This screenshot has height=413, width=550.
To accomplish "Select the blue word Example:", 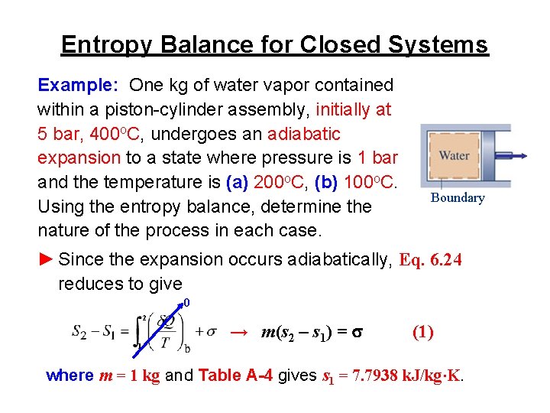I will pyautogui.click(x=79, y=84).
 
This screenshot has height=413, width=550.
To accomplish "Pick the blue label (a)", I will pyautogui.click(x=238, y=182).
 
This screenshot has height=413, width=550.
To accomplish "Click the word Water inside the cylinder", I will pyautogui.click(x=454, y=155).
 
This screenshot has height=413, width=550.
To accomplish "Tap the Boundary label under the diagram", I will pyautogui.click(x=458, y=197).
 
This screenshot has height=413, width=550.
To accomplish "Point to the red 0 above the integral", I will pyautogui.click(x=186, y=303).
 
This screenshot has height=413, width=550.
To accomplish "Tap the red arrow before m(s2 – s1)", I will pyautogui.click(x=239, y=332).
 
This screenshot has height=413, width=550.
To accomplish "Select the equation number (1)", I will pyautogui.click(x=423, y=332).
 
